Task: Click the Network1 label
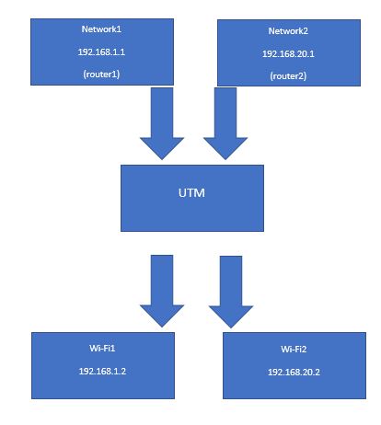click(101, 29)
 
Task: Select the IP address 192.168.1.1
click(101, 52)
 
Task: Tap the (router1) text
click(101, 75)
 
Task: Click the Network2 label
click(288, 31)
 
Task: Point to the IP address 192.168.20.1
click(288, 54)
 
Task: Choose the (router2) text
click(288, 76)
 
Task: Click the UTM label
click(191, 193)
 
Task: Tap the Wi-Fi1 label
click(102, 349)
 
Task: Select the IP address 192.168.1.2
click(102, 372)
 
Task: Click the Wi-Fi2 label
click(294, 350)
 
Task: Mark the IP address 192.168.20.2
click(294, 373)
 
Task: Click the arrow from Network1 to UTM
click(162, 123)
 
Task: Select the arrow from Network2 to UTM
click(225, 123)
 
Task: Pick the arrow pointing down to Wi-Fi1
click(162, 291)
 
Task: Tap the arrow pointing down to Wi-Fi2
click(231, 292)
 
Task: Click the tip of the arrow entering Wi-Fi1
click(162, 327)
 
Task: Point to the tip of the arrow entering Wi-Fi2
click(231, 327)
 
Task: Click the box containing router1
click(102, 52)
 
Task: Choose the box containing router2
click(289, 52)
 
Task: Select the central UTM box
click(192, 198)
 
